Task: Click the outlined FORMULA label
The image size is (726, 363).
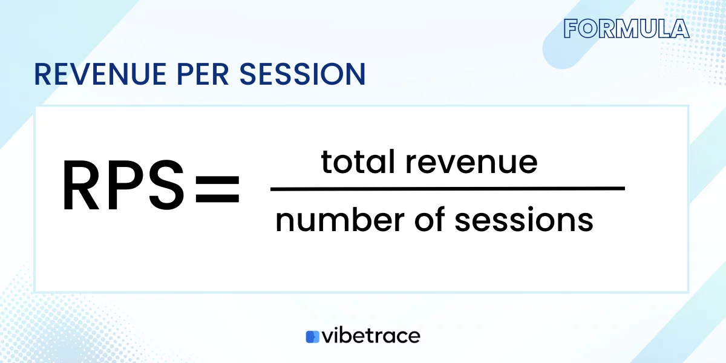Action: [x=626, y=29]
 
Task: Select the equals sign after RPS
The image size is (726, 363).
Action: [x=217, y=189]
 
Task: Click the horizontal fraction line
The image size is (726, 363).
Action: [x=447, y=189]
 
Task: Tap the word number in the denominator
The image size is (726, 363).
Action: [x=338, y=221]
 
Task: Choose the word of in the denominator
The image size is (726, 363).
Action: [x=433, y=221]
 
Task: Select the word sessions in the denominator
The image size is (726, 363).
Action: [x=524, y=221]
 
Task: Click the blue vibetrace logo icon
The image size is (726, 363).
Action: [x=312, y=336]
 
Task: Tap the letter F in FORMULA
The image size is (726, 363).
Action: [x=571, y=29]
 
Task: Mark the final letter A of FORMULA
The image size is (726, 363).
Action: [x=680, y=29]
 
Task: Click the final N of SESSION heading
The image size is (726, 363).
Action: [x=356, y=74]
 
